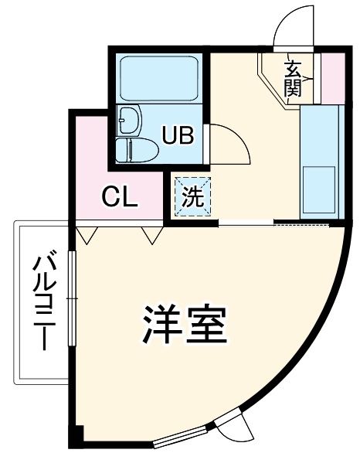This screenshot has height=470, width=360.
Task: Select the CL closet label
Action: click(120, 197)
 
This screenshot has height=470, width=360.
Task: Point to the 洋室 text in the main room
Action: click(185, 326)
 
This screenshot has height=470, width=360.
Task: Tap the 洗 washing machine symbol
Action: click(190, 194)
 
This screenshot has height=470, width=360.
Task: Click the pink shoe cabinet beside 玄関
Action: click(331, 77)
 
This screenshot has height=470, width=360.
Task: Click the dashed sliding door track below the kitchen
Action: click(301, 224)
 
